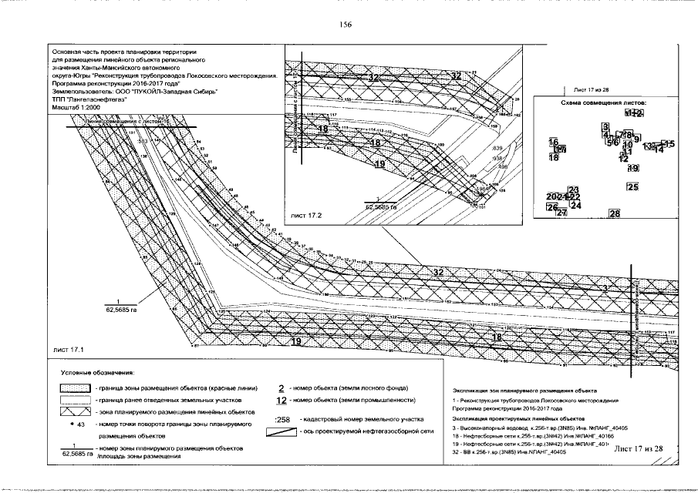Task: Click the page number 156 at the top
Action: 346,25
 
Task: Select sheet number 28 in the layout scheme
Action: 615,213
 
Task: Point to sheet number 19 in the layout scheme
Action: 633,168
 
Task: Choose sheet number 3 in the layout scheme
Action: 606,126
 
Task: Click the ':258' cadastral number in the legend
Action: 282,420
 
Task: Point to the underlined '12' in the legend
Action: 281,401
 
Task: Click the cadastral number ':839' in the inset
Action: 496,148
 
